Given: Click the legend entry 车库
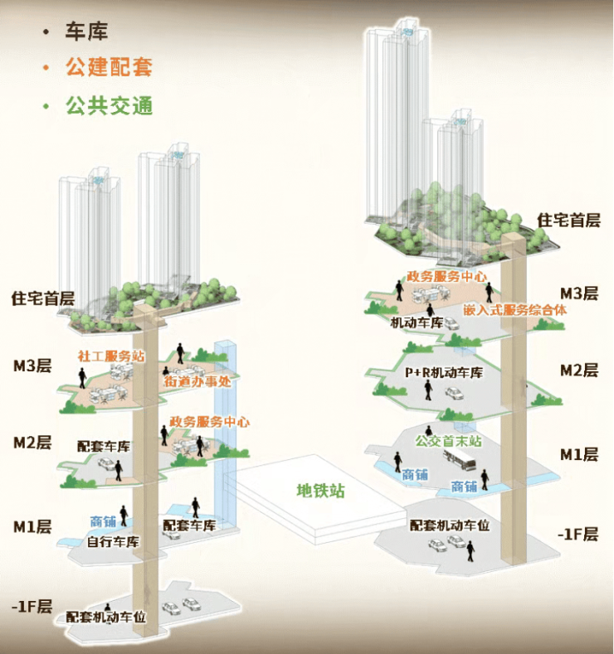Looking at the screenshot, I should tap(86, 31).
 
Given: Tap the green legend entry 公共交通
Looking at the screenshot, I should tap(108, 106).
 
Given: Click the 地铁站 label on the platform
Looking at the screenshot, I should tap(320, 490).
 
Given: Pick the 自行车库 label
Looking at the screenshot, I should tap(114, 543).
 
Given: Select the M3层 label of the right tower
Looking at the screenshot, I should tap(579, 293).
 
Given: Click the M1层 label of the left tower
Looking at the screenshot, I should tap(32, 526).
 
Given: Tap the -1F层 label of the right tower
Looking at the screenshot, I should tap(578, 534).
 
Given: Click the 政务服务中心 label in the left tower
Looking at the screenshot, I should tap(209, 421).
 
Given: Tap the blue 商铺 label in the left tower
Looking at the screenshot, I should tap(103, 522).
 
